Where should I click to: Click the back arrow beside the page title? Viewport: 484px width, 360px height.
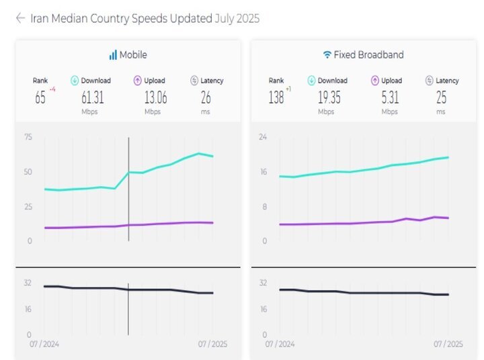click(20, 18)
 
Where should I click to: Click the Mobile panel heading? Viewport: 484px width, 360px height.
click(133, 54)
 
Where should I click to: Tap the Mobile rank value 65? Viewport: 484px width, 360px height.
click(40, 97)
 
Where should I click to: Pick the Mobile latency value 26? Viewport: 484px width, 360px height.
click(206, 97)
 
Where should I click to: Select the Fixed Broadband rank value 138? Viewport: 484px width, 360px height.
click(276, 97)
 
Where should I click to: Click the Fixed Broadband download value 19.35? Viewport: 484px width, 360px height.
click(327, 97)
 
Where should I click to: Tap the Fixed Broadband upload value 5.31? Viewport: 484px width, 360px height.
click(389, 97)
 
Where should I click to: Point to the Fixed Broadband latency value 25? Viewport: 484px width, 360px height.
click(440, 97)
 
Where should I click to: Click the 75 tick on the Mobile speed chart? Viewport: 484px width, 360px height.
click(28, 137)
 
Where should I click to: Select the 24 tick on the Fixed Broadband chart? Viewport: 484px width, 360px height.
click(263, 137)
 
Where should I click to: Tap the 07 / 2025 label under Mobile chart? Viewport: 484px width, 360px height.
click(212, 344)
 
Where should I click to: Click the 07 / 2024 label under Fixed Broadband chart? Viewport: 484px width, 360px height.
click(280, 344)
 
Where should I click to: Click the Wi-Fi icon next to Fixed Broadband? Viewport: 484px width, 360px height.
click(327, 54)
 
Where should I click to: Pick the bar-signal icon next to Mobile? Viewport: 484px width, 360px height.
click(113, 54)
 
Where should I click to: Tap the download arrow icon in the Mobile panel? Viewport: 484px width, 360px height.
click(75, 81)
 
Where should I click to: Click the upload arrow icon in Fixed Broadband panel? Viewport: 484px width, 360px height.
click(375, 81)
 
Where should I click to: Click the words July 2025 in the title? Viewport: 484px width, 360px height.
click(237, 18)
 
